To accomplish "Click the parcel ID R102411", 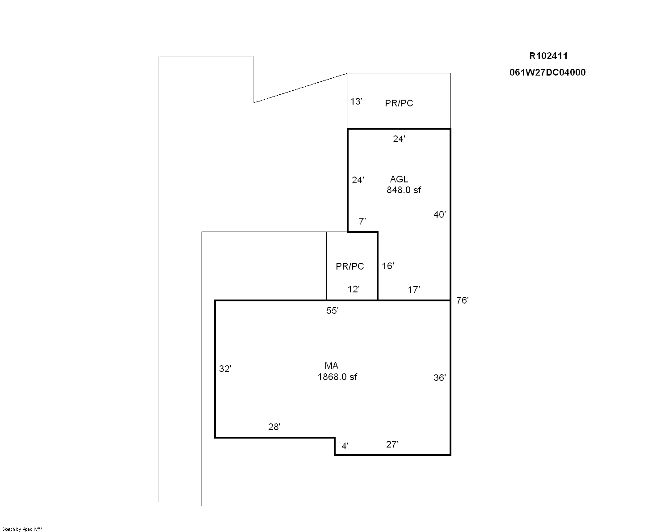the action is tap(548, 56).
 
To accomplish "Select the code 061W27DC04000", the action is tap(547, 72).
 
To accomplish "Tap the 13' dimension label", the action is tap(356, 101).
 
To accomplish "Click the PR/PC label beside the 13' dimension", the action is tap(399, 103).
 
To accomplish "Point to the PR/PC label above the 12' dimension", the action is tap(350, 266).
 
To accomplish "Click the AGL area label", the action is tap(399, 179).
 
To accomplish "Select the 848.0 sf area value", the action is tap(404, 190).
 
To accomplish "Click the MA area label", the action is tap(331, 366).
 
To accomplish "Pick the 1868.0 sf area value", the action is tap(337, 377).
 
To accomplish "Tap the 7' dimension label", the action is tap(362, 221).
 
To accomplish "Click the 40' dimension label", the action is tap(439, 215).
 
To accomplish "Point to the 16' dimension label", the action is tap(388, 266).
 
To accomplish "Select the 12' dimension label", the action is tap(354, 289).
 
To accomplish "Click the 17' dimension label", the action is tap(414, 290).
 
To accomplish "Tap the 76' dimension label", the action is tap(462, 300).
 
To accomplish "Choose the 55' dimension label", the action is tap(332, 311).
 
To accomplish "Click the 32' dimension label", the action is tap(225, 368).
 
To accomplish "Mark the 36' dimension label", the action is tap(439, 377).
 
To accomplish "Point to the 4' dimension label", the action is tap(345, 446).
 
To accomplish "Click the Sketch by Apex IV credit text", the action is tap(22, 529).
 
